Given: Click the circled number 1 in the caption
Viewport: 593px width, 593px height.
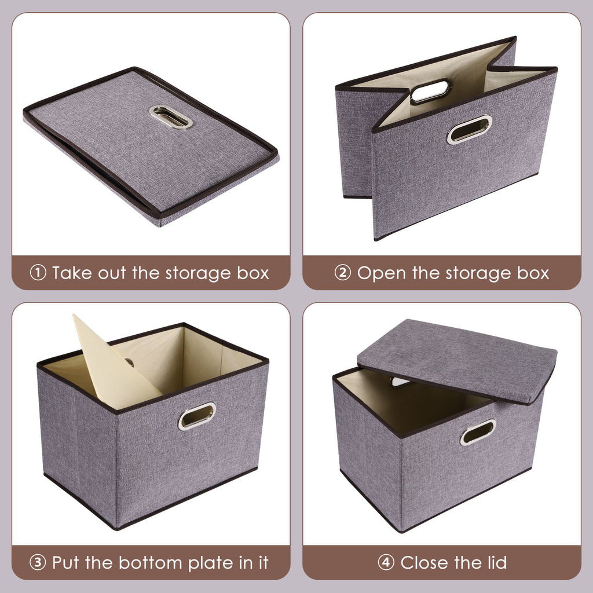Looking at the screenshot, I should coord(38,273).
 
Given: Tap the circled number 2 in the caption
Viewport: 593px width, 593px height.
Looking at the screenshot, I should coord(343,273).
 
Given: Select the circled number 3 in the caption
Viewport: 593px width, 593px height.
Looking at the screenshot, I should coord(38,562).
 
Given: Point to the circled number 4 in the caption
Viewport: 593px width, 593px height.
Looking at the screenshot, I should coord(386,562).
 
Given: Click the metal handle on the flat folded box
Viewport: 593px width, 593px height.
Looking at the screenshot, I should coord(170,116).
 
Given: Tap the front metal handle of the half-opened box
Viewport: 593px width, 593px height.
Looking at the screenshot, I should coord(469,130).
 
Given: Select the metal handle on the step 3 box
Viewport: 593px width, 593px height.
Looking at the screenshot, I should coord(197,415).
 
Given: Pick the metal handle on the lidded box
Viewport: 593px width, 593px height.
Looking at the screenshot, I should coord(478,431).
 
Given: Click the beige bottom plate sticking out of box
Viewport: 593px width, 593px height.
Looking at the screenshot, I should coord(110,365).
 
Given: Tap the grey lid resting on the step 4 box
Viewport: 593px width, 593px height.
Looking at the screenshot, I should coord(457,359).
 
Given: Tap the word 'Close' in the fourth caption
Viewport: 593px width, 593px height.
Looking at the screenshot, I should coord(425,562).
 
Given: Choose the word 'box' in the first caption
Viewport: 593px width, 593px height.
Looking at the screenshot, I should coord(253,273).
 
